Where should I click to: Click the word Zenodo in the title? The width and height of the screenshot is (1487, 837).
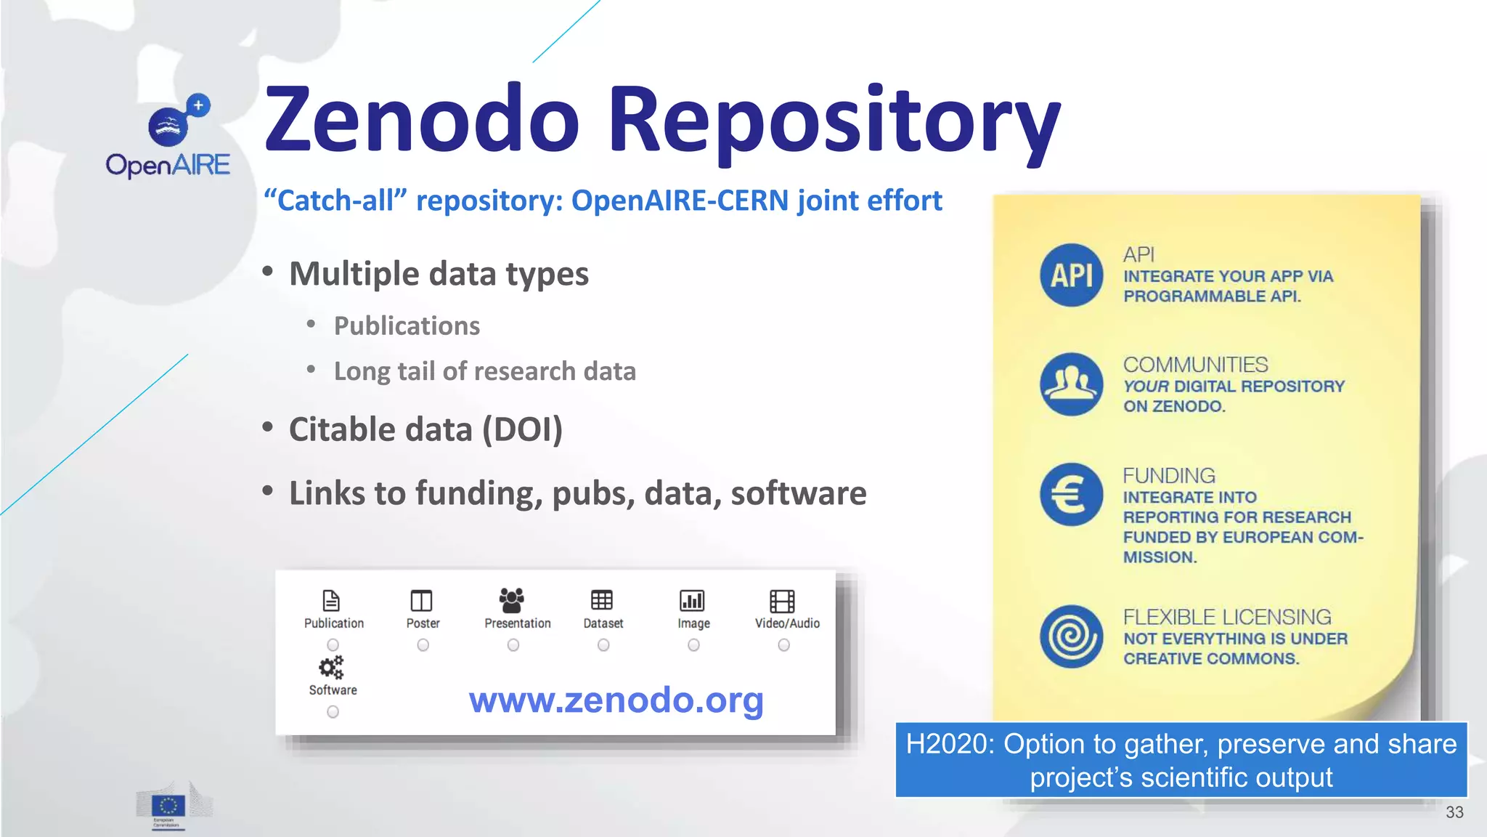tap(422, 120)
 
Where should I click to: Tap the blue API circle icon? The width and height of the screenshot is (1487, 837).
tap(1071, 275)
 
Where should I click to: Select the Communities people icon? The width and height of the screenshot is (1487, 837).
tap(1071, 384)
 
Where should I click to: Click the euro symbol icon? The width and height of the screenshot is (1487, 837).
tap(1071, 495)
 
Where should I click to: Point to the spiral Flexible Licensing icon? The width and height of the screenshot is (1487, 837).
tap(1071, 636)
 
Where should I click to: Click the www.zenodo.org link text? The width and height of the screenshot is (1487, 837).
tap(616, 700)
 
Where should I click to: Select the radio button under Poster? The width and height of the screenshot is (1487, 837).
tap(423, 645)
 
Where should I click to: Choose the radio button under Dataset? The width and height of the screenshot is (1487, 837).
tap(603, 645)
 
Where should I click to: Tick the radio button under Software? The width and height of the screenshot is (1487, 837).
tap(333, 712)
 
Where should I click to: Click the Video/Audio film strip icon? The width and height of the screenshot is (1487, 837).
tap(782, 601)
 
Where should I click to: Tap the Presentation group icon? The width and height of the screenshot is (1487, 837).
tap(512, 600)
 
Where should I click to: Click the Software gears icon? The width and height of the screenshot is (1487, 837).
tap(331, 668)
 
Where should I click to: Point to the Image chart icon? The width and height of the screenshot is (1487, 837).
tap(692, 601)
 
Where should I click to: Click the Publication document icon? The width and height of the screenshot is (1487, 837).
tap(331, 601)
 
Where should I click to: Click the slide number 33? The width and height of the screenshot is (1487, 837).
tap(1454, 812)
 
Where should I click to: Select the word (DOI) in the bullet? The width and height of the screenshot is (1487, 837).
tap(523, 429)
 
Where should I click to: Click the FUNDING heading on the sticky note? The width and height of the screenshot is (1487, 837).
tap(1169, 475)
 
